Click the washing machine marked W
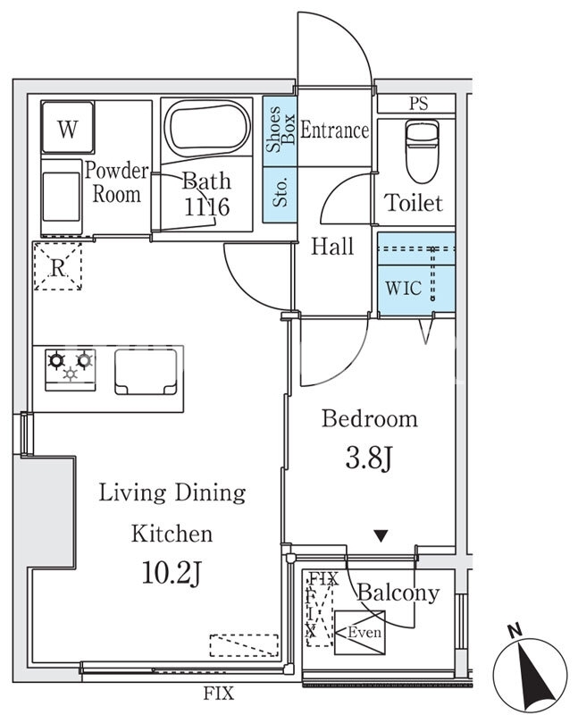coord(68,127)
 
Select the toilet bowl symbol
coord(422,151)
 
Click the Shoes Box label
coord(281,129)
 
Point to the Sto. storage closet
coord(280,195)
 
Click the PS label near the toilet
coord(418,104)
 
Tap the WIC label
coord(404,288)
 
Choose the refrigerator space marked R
coord(58,266)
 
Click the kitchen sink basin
coord(146,372)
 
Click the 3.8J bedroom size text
coord(369,458)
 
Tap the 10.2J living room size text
coord(172,573)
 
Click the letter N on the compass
coord(515,631)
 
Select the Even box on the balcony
coord(360,633)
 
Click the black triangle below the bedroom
coord(381,535)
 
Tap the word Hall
coord(332,246)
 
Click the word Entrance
coord(335,130)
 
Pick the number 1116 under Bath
coord(206,207)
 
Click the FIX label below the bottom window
coord(218,694)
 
